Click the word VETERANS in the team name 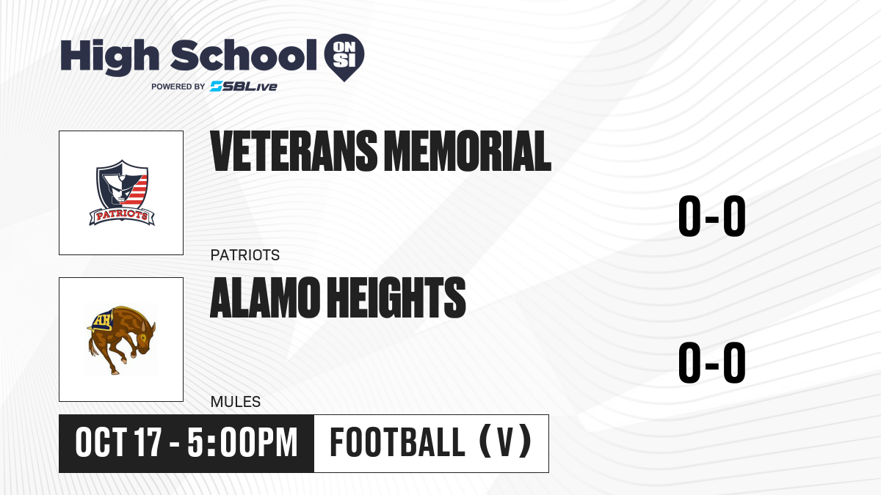[294, 151]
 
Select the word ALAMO [265, 298]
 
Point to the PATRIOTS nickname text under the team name [245, 255]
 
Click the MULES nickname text [236, 402]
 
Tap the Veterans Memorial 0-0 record [712, 216]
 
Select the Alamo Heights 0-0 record [712, 362]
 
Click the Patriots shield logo [122, 192]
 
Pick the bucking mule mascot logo [121, 340]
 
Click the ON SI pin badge [344, 57]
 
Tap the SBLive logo [244, 87]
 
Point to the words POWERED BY [178, 87]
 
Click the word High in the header [109, 57]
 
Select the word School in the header [244, 56]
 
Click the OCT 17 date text [118, 443]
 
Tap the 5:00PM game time [242, 443]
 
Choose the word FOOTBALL [398, 442]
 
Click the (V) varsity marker [506, 441]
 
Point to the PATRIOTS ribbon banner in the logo [122, 216]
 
